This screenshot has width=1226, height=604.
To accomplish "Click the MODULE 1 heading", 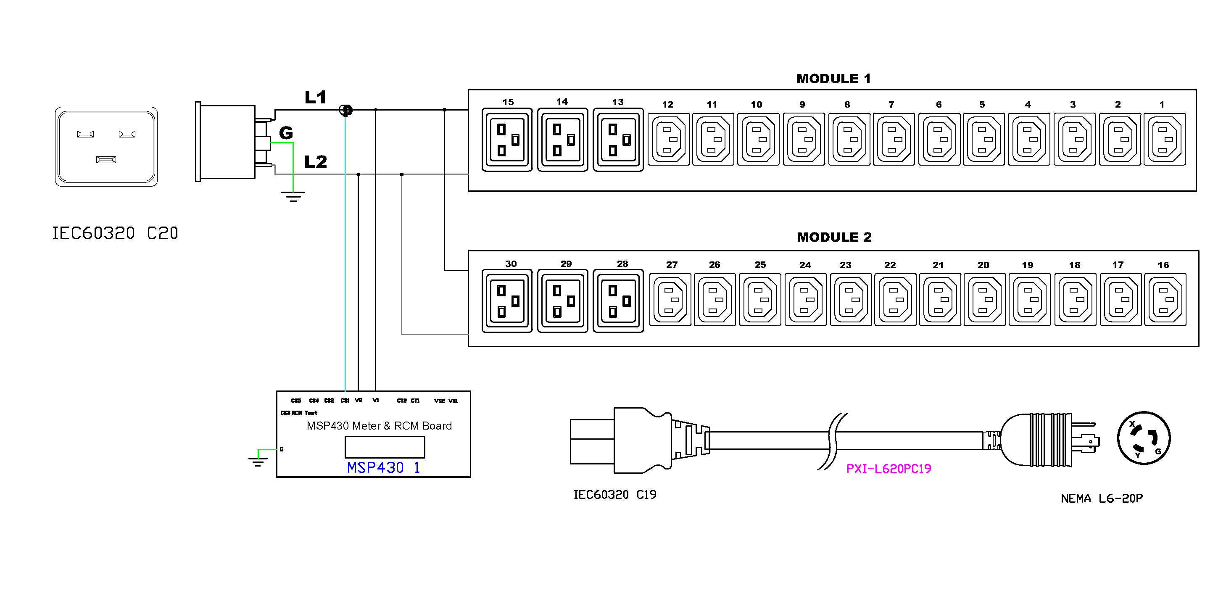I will click(x=833, y=79).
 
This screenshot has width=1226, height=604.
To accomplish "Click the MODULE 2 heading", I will click(x=834, y=237).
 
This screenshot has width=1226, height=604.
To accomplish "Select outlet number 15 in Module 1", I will click(x=507, y=140).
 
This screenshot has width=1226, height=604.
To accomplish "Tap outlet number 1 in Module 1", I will click(x=1164, y=140).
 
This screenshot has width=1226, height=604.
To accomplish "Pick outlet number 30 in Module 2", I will click(x=507, y=301).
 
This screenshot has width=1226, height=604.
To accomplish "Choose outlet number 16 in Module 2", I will click(x=1165, y=300).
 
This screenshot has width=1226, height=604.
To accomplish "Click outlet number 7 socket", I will click(x=893, y=140).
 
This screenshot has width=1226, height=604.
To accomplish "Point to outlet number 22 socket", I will click(x=895, y=300).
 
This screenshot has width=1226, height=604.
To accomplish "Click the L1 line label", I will click(x=315, y=98).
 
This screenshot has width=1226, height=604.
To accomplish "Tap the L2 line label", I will click(x=316, y=162).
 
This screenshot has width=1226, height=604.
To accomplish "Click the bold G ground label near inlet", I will click(x=285, y=133).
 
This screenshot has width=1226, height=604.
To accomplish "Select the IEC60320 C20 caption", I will click(x=115, y=233).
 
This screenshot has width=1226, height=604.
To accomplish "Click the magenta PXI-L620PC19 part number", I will click(x=888, y=469).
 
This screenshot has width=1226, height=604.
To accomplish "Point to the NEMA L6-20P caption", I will click(x=1101, y=498).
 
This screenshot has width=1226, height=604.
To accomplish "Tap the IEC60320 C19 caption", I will click(x=614, y=495).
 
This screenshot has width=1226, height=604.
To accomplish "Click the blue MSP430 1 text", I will click(x=383, y=467).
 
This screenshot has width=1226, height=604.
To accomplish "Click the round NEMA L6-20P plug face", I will click(x=1143, y=438).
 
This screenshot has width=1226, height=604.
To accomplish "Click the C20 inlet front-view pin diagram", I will click(x=106, y=146).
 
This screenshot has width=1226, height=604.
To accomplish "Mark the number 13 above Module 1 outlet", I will click(x=617, y=102).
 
